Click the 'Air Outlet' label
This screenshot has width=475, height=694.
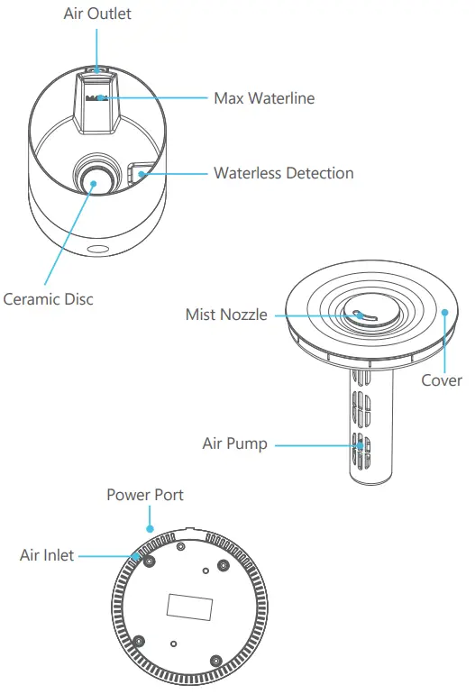(97, 14)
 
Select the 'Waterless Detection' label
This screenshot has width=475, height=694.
(283, 172)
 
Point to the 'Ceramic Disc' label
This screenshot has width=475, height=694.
(48, 298)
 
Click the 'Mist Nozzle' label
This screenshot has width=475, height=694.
(226, 315)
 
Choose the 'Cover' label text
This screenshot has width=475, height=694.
(442, 379)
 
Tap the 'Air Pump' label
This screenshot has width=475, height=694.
(234, 443)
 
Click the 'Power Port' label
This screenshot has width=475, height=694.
(145, 495)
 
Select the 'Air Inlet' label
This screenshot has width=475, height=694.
(47, 556)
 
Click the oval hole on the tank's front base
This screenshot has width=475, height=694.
(96, 246)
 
